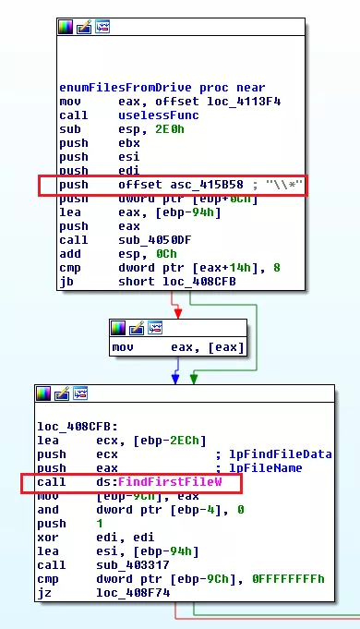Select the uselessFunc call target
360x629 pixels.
tap(148, 115)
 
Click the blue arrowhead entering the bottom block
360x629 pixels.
tap(174, 378)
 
